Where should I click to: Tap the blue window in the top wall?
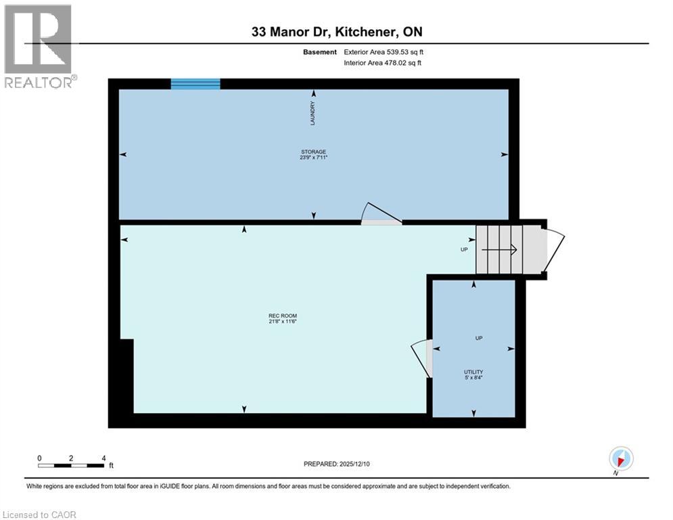195,84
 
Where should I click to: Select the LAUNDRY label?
312,113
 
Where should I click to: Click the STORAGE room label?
314,152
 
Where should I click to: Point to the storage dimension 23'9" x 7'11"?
314,158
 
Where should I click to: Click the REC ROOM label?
283,316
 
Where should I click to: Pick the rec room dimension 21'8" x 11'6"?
283,322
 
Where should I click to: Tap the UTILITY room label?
473,372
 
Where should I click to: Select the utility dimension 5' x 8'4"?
473,378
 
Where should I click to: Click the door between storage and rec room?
382,214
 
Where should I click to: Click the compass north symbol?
620,458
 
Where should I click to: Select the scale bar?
71,465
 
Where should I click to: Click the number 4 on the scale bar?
103,458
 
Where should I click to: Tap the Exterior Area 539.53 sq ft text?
384,51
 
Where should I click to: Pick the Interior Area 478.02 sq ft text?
383,64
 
